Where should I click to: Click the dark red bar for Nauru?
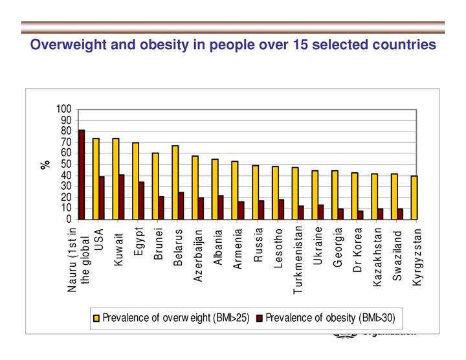tap(82, 175)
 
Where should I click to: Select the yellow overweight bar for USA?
tap(96, 179)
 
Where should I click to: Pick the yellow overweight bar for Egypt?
tap(135, 181)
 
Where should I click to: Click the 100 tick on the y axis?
tap(65, 109)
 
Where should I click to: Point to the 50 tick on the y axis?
tap(67, 164)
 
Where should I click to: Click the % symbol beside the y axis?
tap(45, 164)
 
